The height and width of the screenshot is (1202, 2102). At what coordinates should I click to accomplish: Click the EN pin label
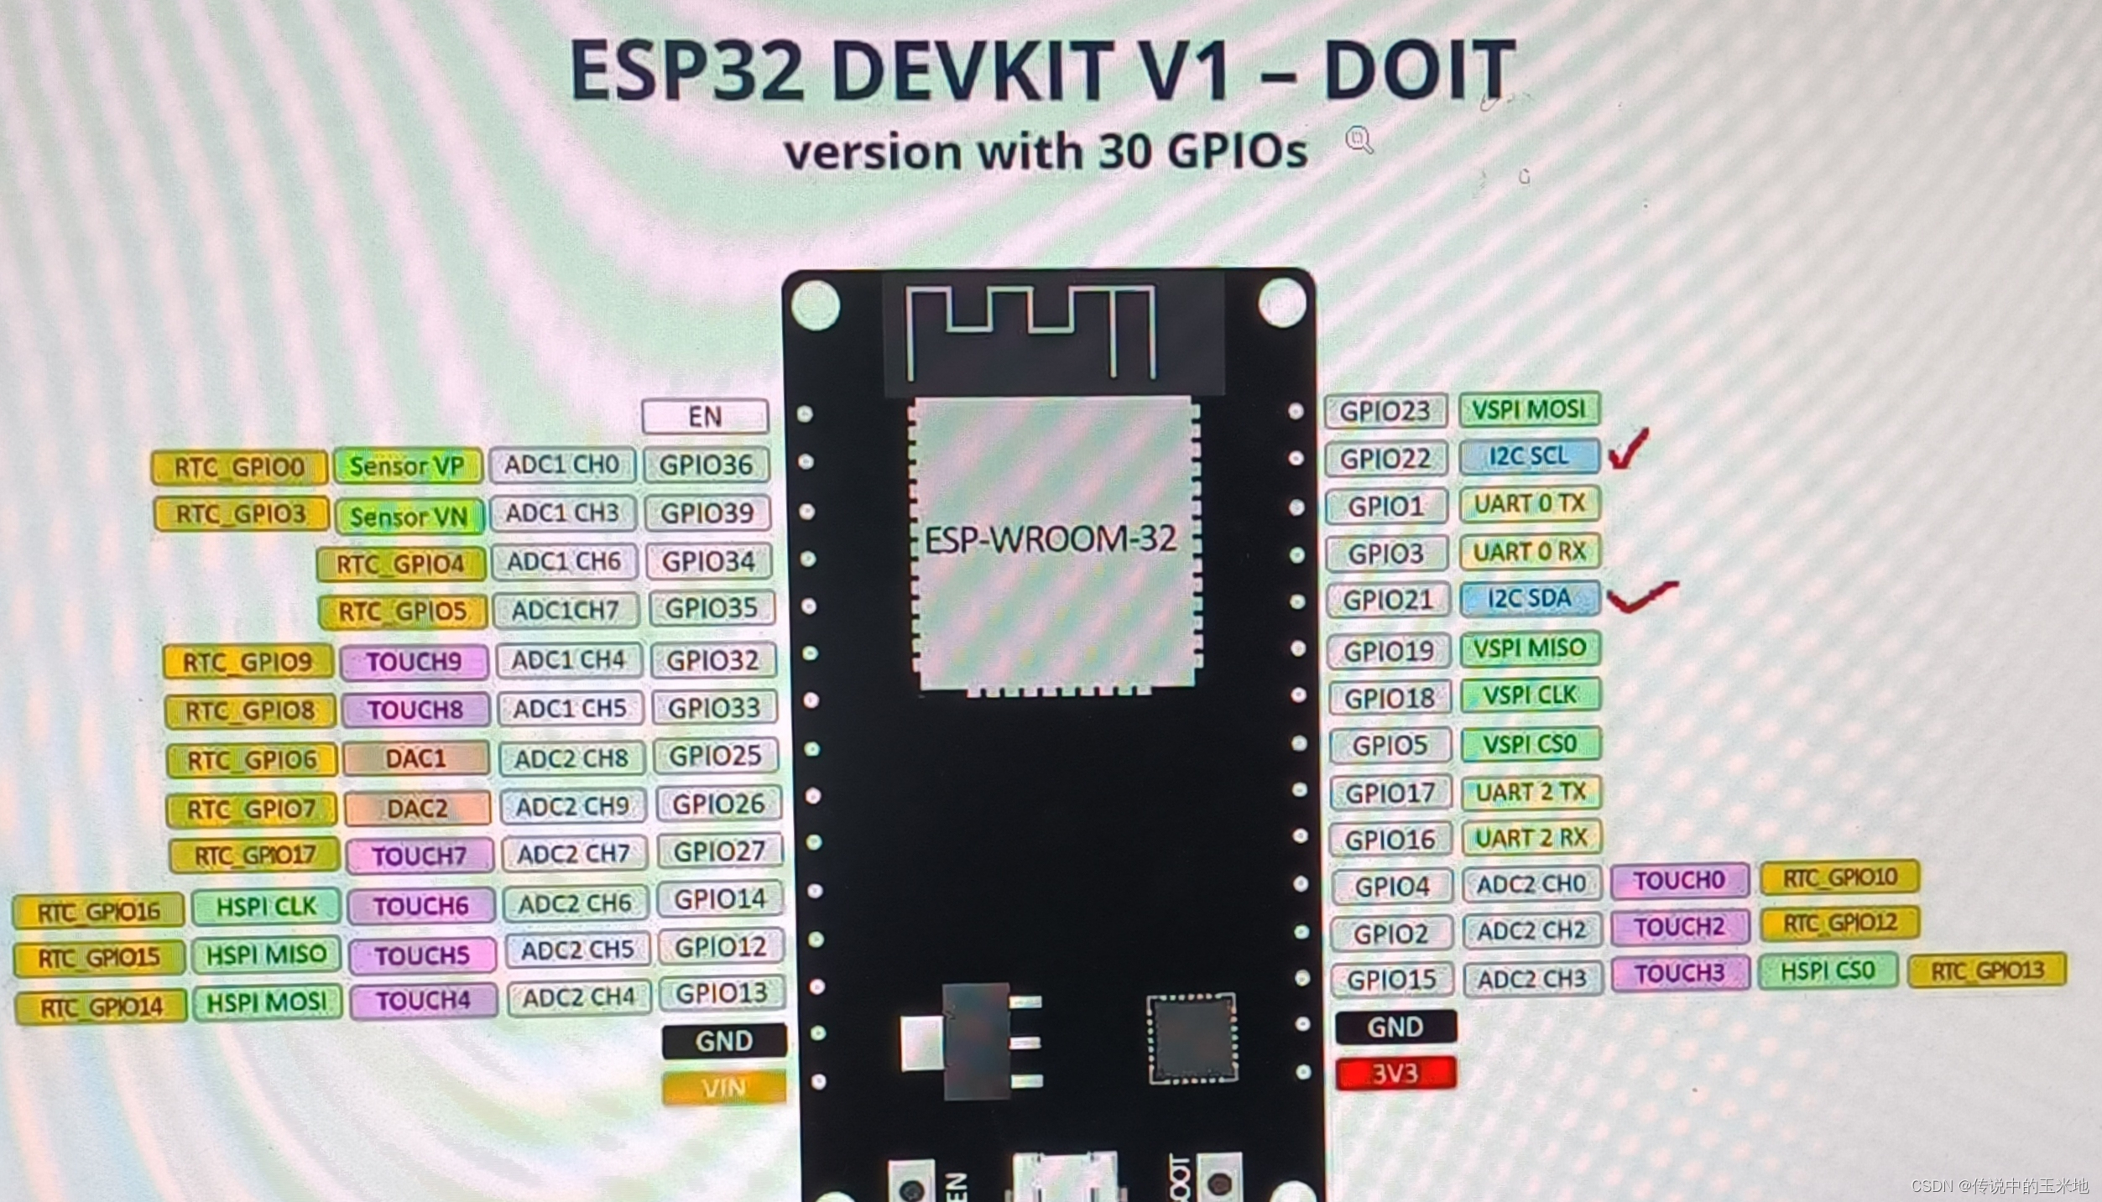[x=705, y=416]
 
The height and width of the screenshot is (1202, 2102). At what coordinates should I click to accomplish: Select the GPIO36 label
[x=706, y=466]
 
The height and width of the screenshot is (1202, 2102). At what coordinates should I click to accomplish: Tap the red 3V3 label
[x=1395, y=1074]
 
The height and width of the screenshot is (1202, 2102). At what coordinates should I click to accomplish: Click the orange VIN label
[x=723, y=1089]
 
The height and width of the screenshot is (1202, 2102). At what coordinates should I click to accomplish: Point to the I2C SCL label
[x=1529, y=456]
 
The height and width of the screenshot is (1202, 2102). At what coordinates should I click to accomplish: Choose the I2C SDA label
[x=1529, y=599]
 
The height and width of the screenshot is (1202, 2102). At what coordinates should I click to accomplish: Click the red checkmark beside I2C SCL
[x=1629, y=450]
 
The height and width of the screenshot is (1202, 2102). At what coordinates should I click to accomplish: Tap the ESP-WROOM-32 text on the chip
[x=1050, y=539]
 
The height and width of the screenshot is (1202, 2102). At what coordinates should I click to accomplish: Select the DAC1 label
[x=415, y=758]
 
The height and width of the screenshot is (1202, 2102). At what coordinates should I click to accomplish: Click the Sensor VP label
[x=407, y=466]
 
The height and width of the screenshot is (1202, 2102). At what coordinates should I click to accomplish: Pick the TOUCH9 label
[x=414, y=662]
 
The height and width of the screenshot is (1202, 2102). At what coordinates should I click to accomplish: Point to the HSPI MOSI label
[x=266, y=1002]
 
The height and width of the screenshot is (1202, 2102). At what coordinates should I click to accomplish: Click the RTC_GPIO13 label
[x=1987, y=971]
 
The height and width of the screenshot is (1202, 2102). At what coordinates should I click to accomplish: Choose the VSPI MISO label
[x=1530, y=648]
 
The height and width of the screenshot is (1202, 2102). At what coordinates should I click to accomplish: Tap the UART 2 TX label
[x=1531, y=792]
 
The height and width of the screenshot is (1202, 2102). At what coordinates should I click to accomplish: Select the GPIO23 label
[x=1385, y=411]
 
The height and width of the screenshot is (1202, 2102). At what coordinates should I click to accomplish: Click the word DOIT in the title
[x=1419, y=70]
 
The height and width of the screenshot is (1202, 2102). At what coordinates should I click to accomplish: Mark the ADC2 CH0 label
[x=1531, y=884]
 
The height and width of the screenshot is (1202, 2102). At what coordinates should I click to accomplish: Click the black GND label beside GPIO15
[x=1395, y=1028]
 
